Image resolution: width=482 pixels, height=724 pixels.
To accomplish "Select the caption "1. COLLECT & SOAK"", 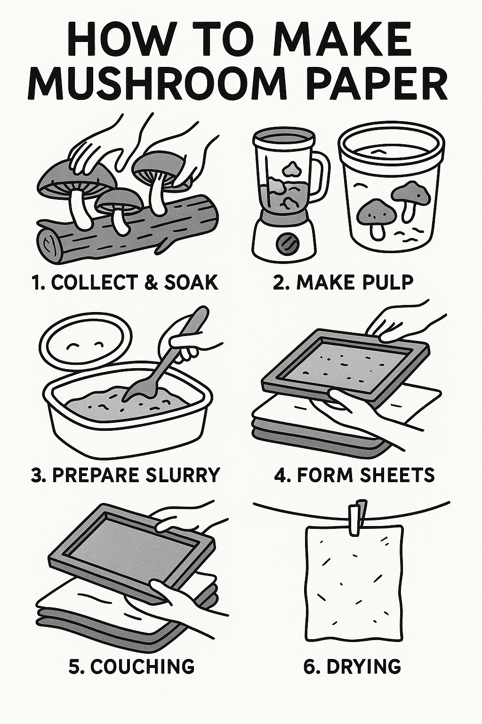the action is [125, 282].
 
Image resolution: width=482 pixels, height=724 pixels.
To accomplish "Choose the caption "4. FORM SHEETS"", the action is [354, 474].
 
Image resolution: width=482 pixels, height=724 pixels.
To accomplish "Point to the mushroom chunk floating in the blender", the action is [290, 168].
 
